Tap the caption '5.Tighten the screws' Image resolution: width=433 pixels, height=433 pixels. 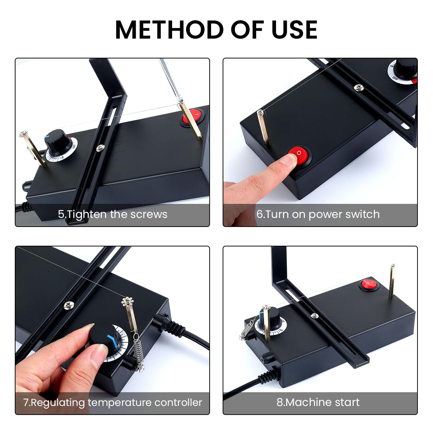pos(113,214)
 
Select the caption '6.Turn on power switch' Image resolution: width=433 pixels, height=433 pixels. pos(318,214)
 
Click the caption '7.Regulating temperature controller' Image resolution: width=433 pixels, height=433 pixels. pos(113,402)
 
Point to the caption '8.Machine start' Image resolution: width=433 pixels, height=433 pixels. pos(318,402)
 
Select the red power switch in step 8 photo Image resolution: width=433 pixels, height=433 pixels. pos(369,285)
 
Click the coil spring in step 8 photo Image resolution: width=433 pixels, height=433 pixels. pos(247,330)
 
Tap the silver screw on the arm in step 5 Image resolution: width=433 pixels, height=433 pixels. pos(101,147)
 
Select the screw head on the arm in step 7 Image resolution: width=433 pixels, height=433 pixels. pos(69,306)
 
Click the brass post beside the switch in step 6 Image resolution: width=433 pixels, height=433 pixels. pos(263,128)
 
